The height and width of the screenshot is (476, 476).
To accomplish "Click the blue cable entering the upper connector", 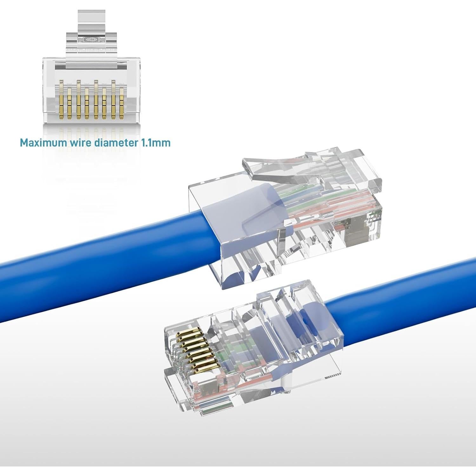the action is tap(105, 241).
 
